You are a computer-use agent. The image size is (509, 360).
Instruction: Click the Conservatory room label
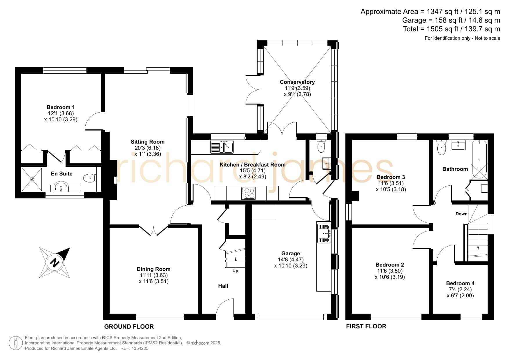coord(297,82)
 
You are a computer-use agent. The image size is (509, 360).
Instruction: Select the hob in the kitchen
coord(248,193)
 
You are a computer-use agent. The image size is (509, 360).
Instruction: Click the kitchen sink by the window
coord(222,147)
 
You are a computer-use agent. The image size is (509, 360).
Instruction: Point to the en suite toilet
coord(89,178)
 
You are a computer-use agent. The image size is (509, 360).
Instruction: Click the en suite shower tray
coord(32,179)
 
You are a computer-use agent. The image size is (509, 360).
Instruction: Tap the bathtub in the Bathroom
coord(479,160)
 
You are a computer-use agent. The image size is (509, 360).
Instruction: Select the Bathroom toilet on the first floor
coord(441,147)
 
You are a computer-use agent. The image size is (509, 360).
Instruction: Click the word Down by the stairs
coord(461,214)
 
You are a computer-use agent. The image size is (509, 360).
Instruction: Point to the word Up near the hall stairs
coord(235,271)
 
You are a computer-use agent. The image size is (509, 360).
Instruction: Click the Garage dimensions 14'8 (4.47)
coord(291,260)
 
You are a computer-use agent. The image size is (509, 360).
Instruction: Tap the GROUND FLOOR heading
coord(129,327)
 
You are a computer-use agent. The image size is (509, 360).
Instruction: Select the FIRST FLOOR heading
coord(366,327)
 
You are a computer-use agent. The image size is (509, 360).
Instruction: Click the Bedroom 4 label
coord(460,283)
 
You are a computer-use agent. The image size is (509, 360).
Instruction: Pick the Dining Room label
coord(153,269)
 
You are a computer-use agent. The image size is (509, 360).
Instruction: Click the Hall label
coord(223,286)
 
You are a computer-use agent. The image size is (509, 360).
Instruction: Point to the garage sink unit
coord(324,233)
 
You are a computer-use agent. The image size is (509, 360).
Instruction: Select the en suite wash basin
coord(61,187)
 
